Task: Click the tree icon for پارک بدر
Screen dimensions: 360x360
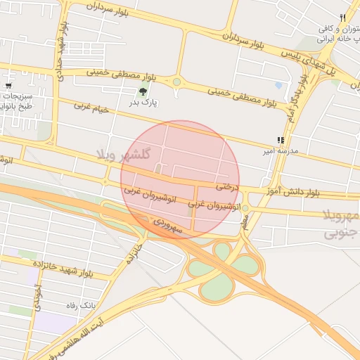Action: point(143,91)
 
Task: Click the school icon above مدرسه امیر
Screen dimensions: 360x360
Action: point(281,140)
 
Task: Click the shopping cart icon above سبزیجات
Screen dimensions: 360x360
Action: point(8,84)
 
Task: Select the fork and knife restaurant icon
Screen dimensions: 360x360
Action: point(342,18)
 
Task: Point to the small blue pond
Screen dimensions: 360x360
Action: point(278,86)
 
